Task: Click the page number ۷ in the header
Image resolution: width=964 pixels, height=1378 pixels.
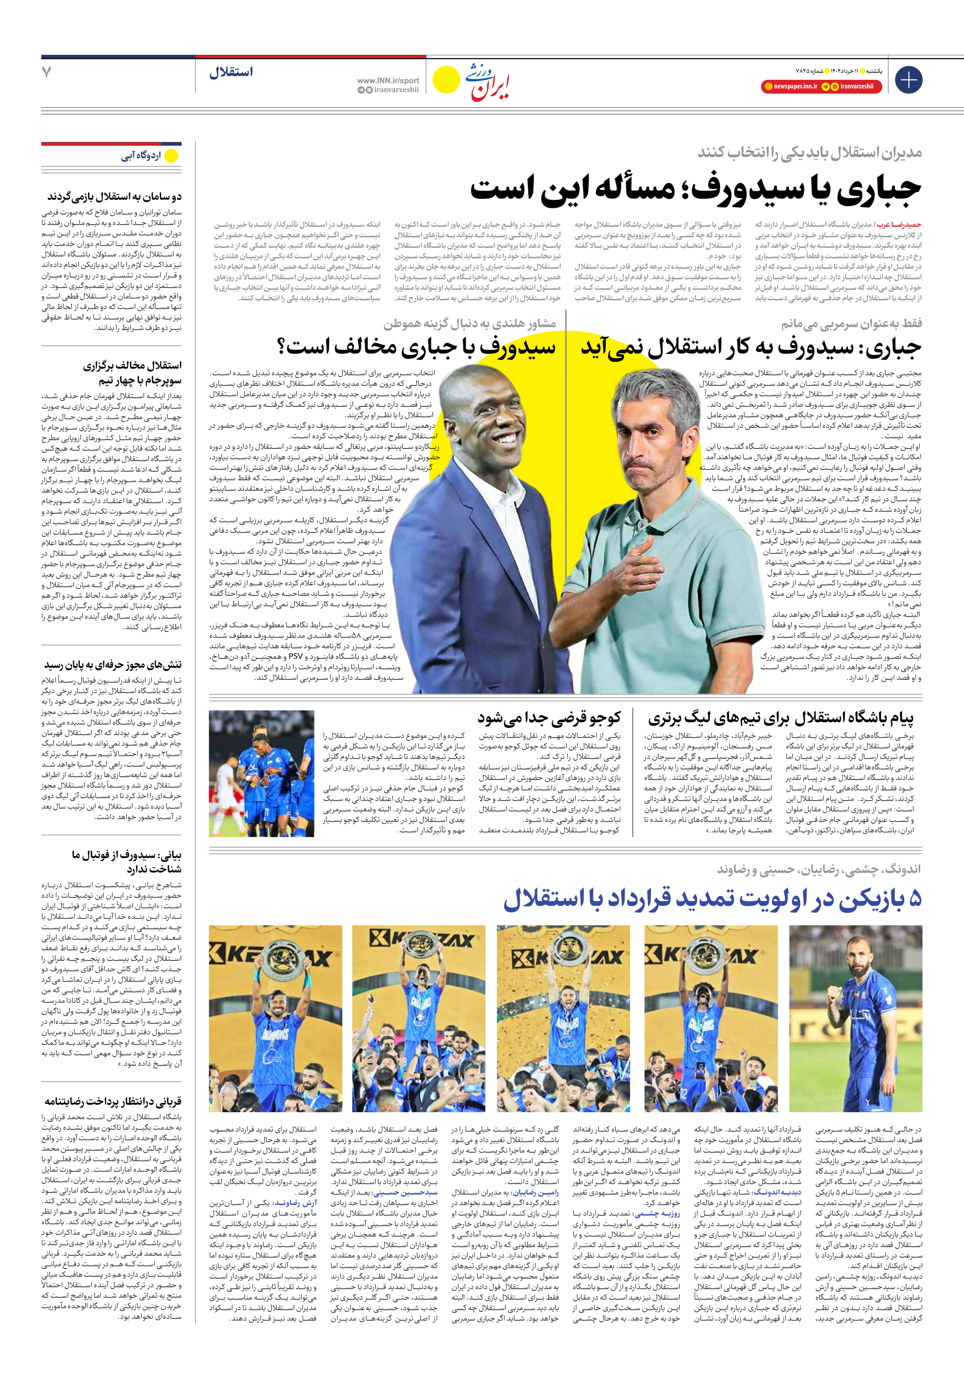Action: coord(47,72)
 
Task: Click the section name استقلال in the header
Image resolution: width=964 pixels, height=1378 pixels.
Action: coord(231,72)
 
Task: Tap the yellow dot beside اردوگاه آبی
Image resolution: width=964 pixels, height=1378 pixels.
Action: coord(172,156)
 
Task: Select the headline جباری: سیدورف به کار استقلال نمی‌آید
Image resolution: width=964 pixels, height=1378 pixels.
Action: coord(750,347)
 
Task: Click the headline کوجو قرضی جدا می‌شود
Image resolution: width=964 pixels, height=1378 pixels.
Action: coord(549,717)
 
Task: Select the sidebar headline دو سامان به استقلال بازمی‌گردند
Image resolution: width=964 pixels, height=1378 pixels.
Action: coord(114,196)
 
